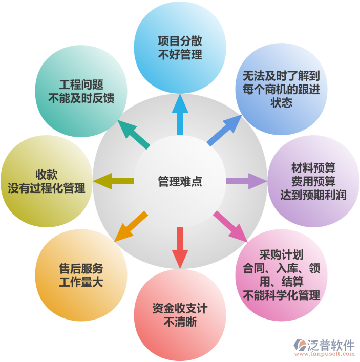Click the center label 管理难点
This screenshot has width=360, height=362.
click(x=180, y=181)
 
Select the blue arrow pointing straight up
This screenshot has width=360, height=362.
click(x=180, y=114)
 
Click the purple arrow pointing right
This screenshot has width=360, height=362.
click(x=246, y=181)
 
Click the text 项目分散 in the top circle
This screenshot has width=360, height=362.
click(x=180, y=41)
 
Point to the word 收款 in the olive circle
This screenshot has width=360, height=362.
click(x=47, y=175)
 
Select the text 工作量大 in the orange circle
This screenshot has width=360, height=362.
click(x=81, y=282)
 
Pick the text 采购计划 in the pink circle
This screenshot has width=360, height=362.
click(x=281, y=255)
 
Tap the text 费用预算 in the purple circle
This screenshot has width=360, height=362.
click(x=313, y=181)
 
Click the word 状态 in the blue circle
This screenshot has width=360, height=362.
click(x=281, y=102)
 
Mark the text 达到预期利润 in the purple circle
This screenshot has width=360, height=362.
click(x=313, y=195)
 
